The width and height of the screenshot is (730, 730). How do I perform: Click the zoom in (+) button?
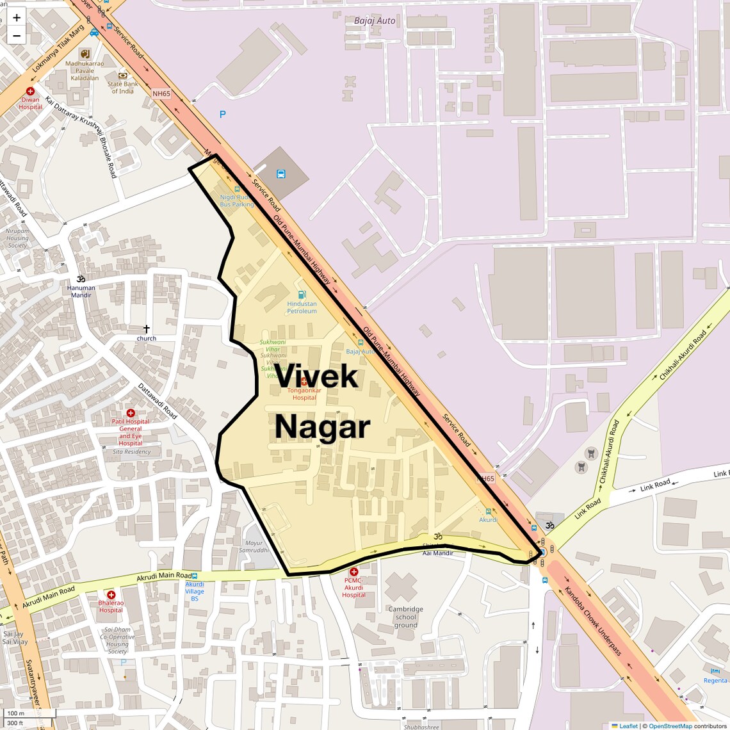click(17, 18)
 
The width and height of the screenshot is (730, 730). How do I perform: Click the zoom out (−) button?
click(17, 36)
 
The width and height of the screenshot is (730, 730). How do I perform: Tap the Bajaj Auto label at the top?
click(375, 20)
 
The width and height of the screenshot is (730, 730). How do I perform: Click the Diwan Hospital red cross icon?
click(30, 92)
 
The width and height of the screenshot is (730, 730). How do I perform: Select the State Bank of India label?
click(123, 87)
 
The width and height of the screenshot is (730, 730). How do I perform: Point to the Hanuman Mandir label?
click(81, 291)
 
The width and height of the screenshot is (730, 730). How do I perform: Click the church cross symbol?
click(147, 328)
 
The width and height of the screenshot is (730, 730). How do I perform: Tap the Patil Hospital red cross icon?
click(131, 413)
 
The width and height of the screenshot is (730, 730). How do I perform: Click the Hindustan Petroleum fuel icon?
click(302, 295)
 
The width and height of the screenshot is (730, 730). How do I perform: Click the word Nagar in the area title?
click(323, 427)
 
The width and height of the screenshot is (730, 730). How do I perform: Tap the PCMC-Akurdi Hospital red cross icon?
click(353, 571)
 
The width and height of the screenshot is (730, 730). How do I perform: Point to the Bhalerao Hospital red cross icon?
click(111, 595)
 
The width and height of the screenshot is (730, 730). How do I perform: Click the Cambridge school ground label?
click(405, 617)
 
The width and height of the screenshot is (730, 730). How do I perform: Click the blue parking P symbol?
click(223, 115)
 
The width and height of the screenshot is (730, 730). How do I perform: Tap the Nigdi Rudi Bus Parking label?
click(236, 200)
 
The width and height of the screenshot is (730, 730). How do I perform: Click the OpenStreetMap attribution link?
click(670, 726)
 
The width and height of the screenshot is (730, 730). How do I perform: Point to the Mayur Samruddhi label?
click(254, 546)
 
